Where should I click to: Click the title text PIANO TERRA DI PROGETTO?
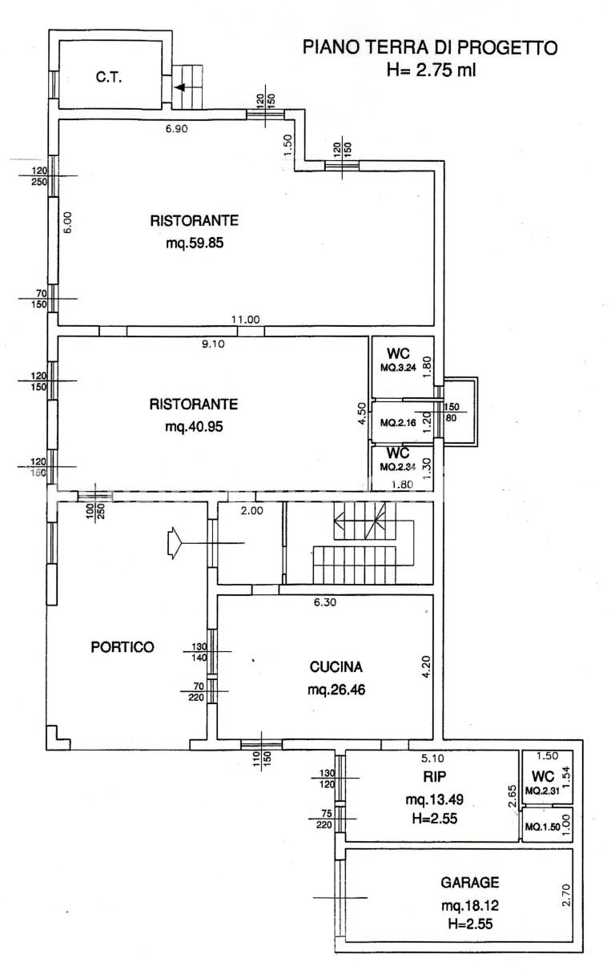429,48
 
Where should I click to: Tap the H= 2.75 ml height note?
431,70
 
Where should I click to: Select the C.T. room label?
108,78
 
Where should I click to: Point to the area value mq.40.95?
195,427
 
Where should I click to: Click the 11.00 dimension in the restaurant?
246,320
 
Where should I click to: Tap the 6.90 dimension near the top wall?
177,128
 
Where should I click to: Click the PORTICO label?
122,647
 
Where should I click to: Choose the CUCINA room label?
336,666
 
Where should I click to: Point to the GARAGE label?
470,883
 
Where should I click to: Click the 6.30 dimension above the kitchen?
324,603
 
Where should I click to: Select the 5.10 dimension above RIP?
433,756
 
